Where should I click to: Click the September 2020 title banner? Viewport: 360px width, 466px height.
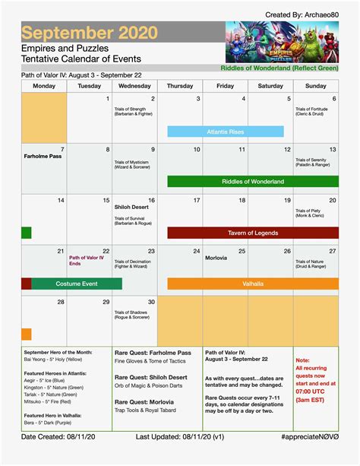click(x=90, y=33)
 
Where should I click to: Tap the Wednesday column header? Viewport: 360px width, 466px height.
click(x=134, y=87)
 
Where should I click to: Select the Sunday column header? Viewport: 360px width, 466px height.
click(x=314, y=87)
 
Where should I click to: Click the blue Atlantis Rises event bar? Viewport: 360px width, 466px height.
click(x=225, y=132)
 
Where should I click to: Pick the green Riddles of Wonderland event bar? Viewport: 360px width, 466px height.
click(x=253, y=182)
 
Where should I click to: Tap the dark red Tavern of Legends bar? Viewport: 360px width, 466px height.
click(x=253, y=233)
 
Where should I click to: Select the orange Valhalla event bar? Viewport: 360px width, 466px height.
click(x=253, y=284)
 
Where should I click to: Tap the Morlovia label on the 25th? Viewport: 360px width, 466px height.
click(x=216, y=258)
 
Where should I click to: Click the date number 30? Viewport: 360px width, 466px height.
click(x=151, y=302)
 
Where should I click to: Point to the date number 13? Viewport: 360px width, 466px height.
click(x=332, y=150)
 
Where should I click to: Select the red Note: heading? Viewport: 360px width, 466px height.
click(x=302, y=360)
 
